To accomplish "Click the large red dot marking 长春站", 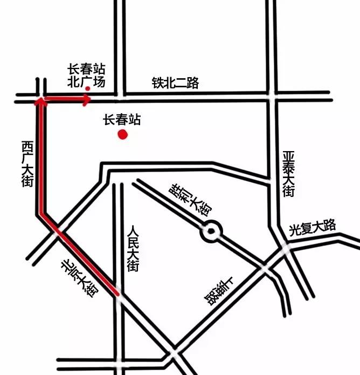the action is click(x=123, y=134).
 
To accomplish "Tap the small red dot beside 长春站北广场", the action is click(x=87, y=89).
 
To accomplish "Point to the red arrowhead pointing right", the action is click(x=87, y=100).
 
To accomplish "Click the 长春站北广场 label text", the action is click(x=86, y=76).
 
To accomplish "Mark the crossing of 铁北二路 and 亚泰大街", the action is click(x=273, y=96).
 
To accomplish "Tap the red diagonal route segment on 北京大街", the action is click(x=78, y=254).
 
